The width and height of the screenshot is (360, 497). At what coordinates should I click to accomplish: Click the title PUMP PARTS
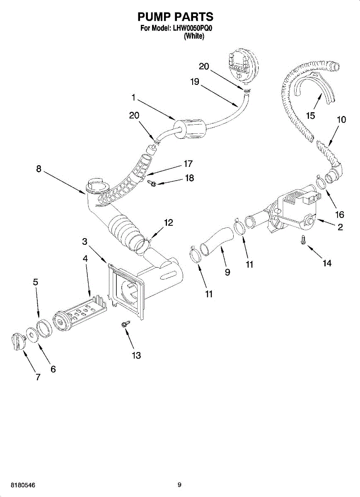pyautogui.click(x=175, y=17)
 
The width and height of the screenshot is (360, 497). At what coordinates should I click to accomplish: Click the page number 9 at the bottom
pyautogui.click(x=179, y=485)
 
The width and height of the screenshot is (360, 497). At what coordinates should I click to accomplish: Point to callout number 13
pyautogui.click(x=136, y=355)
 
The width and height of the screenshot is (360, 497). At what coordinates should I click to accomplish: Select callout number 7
pyautogui.click(x=38, y=377)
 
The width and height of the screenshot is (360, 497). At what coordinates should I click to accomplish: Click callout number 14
pyautogui.click(x=327, y=263)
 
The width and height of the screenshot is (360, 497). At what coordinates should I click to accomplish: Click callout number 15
pyautogui.click(x=311, y=116)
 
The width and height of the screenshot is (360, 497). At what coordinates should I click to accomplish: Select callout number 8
pyautogui.click(x=39, y=169)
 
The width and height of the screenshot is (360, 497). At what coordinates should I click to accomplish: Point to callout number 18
pyautogui.click(x=189, y=178)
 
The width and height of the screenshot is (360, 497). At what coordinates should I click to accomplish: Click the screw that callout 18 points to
pyautogui.click(x=151, y=182)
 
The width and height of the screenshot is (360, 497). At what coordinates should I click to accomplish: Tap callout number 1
pyautogui.click(x=133, y=98)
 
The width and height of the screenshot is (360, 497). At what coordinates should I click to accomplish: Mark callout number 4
pyautogui.click(x=85, y=258)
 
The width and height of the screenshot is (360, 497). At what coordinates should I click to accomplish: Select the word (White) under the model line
pyautogui.click(x=194, y=36)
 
